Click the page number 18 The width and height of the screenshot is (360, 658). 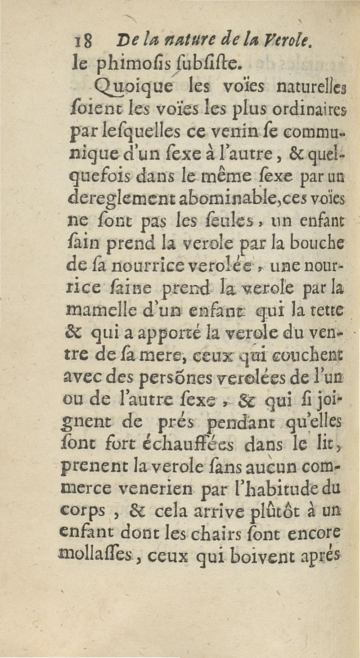click(x=84, y=43)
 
